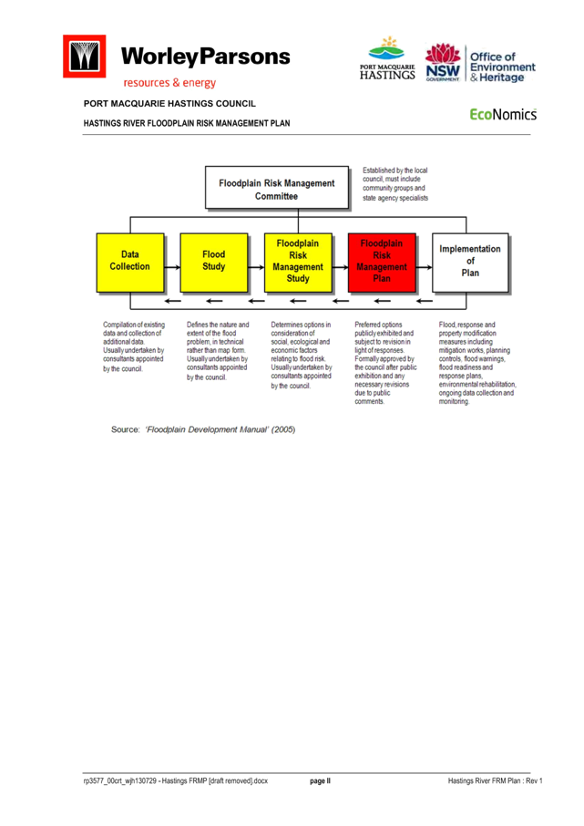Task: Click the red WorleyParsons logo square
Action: (x=84, y=57)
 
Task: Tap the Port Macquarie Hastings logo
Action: (x=387, y=58)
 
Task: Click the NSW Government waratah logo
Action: (x=443, y=63)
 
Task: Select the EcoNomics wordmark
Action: (x=503, y=114)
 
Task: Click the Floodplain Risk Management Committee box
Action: (x=276, y=188)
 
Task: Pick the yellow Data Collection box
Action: (x=130, y=263)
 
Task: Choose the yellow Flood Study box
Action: (x=214, y=263)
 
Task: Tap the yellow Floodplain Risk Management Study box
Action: (x=298, y=263)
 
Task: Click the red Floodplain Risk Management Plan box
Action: (x=382, y=263)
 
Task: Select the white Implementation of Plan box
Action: (x=470, y=263)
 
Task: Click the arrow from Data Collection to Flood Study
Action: (x=172, y=267)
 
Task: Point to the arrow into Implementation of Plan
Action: (x=424, y=267)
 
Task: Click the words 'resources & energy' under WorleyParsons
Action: (x=169, y=83)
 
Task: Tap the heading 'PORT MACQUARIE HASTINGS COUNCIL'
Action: (x=169, y=104)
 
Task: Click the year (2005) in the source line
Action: (x=283, y=429)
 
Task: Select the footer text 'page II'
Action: (x=320, y=780)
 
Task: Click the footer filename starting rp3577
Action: (x=175, y=780)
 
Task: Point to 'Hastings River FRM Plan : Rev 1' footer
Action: (x=495, y=780)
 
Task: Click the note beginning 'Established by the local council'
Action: (x=394, y=184)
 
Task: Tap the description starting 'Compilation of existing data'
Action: (x=134, y=346)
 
